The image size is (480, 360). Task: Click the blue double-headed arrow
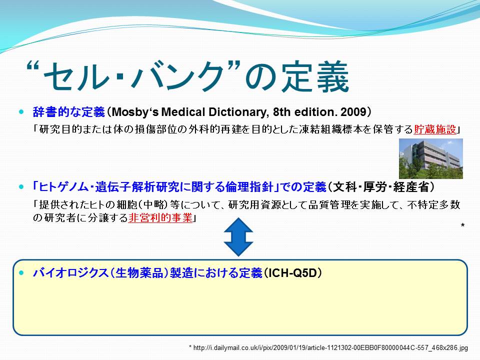(238, 237)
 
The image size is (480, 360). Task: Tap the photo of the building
(430, 158)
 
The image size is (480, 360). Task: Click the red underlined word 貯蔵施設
(434, 129)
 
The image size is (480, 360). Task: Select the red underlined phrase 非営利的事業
(160, 217)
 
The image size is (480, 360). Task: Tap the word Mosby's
(135, 112)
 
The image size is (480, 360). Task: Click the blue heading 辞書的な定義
(69, 112)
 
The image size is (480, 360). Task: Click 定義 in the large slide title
(315, 76)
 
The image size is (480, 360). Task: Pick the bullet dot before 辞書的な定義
(21, 112)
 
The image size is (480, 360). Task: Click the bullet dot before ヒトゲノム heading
(21, 186)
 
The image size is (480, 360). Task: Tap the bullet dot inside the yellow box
(21, 273)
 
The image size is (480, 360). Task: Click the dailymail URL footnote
(328, 348)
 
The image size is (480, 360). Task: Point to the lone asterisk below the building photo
(462, 225)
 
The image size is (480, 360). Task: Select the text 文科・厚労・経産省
(381, 186)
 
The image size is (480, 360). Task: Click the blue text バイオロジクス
(70, 273)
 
